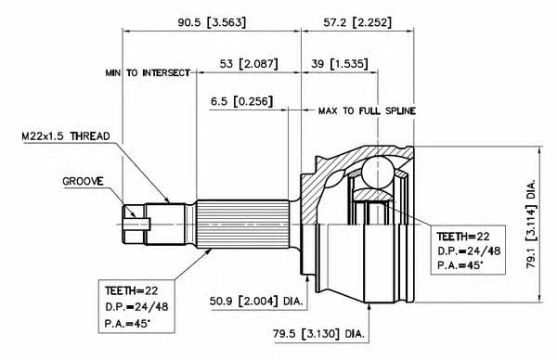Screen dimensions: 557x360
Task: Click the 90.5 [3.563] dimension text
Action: point(212,22)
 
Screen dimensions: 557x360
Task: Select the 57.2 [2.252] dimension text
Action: point(357,22)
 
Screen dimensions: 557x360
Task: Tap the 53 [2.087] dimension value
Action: point(249,64)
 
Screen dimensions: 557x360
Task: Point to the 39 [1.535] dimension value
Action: point(340,64)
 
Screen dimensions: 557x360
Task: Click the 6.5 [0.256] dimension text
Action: point(242,101)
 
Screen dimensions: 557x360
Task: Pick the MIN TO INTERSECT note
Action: point(148,73)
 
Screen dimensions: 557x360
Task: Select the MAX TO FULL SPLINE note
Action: point(367,111)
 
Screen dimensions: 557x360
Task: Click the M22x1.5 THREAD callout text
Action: point(66,136)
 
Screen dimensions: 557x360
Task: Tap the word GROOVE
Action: point(83,182)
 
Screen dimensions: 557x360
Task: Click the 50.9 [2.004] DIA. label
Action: point(256,302)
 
